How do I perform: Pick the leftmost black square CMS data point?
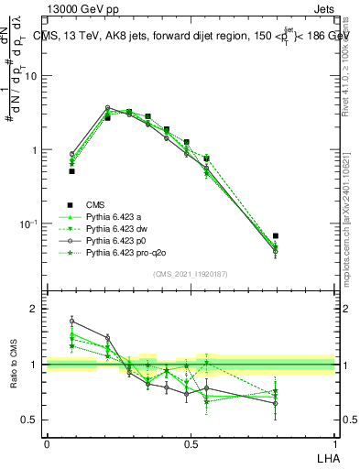tap(71, 171)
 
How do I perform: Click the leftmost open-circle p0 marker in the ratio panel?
tap(71, 321)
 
